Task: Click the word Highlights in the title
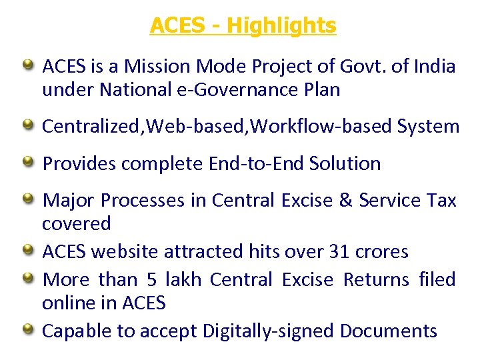pyautogui.click(x=281, y=26)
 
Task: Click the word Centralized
pyautogui.click(x=81, y=126)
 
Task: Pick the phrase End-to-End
pyautogui.click(x=257, y=163)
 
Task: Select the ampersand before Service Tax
pyautogui.click(x=344, y=200)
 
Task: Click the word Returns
pyautogui.click(x=376, y=279)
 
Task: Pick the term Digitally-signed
pyautogui.click(x=271, y=331)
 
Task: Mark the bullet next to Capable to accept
pyautogui.click(x=29, y=329)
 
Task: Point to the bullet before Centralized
pyautogui.click(x=29, y=125)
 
